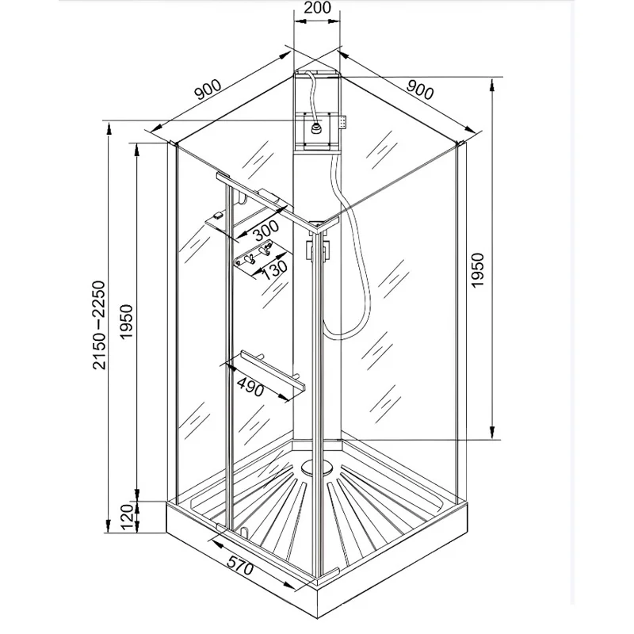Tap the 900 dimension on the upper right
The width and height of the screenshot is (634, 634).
click(421, 89)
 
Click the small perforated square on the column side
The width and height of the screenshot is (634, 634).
click(343, 123)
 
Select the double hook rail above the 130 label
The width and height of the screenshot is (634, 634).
click(255, 254)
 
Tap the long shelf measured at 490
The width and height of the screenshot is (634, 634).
click(265, 372)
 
